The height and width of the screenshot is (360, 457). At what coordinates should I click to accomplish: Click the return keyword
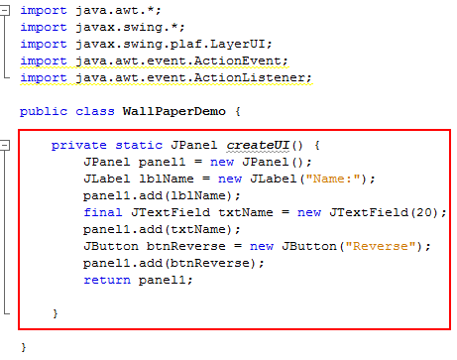(107, 280)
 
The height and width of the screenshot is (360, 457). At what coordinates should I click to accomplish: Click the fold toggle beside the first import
(6, 10)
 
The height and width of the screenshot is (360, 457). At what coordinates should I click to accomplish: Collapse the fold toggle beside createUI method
(6, 145)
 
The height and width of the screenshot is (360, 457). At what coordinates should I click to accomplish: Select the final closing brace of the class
(23, 347)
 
